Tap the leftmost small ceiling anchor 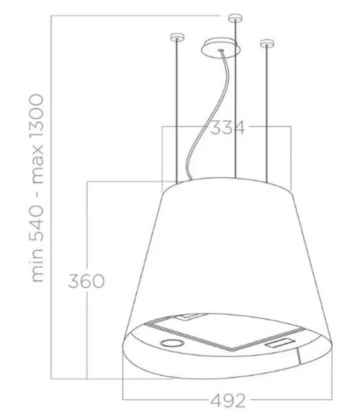click(x=176, y=37)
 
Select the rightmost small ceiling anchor click(x=267, y=45)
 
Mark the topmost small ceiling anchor click(x=234, y=16)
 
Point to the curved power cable click(x=200, y=133)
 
